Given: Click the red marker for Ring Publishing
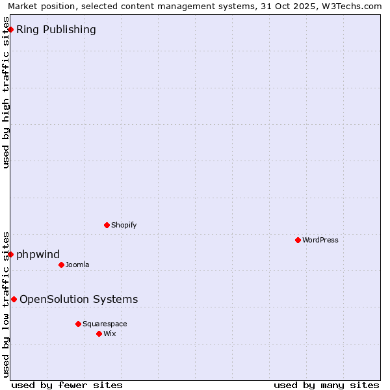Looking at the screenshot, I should pos(10,29).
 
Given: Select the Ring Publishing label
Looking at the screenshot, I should pos(56,29).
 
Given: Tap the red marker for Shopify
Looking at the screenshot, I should pos(107,225).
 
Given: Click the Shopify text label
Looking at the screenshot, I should pos(123,225).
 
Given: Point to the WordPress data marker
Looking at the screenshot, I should pos(298,240).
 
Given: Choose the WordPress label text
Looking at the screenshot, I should pos(320,240).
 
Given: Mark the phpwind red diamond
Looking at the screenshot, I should pos(10,254).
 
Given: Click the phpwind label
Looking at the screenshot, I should pos(38,254).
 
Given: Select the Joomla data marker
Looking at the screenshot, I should pos(61,265).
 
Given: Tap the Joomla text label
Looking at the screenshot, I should pos(77,265).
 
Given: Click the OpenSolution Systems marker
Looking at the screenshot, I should pos(14,299).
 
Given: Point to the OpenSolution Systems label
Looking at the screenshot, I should pos(79,299).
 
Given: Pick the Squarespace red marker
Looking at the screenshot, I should pos(78,324).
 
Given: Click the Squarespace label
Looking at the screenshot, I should pos(105,324).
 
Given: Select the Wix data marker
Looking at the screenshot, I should pos(99,333).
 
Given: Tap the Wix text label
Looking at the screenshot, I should pos(110,333).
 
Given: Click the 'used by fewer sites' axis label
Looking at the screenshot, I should pos(67,385).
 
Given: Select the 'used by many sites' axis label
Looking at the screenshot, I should pos(326,385).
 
